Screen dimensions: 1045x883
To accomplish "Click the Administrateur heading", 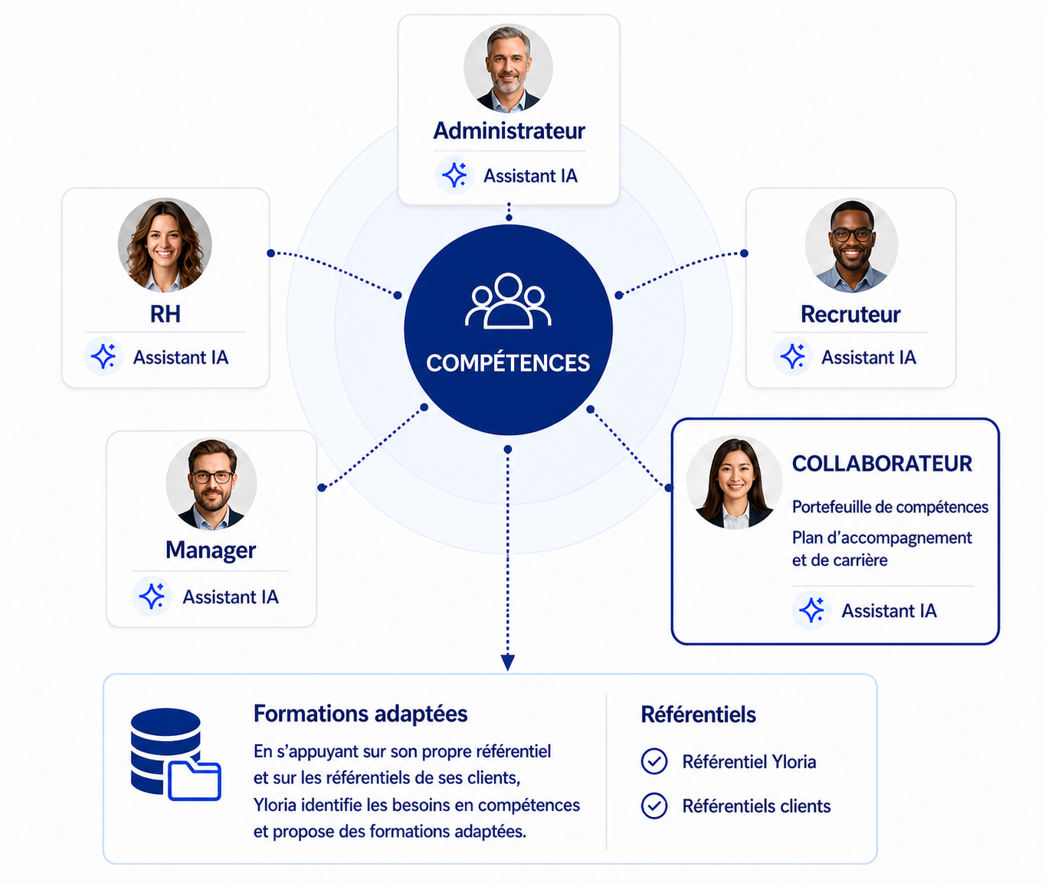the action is pos(509,131).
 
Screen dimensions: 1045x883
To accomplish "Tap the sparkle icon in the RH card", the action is pos(103,356).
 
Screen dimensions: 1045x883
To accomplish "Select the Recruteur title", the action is pos(850,315).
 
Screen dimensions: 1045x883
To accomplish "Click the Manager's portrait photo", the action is pos(211,484).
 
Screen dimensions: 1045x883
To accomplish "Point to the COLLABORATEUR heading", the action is pos(882,463).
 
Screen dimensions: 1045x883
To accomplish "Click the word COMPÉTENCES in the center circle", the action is pos(508,363).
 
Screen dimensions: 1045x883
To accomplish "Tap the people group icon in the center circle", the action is pos(508,301).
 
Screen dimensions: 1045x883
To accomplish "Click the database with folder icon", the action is pos(175,754).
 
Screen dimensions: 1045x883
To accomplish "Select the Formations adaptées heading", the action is pos(361,714).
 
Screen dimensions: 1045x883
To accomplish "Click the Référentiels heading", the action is pos(698,715).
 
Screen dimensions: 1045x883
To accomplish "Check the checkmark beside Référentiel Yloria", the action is pos(654,761).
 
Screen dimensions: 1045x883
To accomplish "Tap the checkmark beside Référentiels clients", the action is pos(654,806).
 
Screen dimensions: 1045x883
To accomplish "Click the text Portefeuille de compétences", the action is pos(889,507).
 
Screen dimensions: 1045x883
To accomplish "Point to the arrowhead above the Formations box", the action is pos(508,662).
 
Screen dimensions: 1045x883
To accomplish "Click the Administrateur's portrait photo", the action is pos(508,67).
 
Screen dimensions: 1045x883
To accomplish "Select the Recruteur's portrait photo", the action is pos(851,246).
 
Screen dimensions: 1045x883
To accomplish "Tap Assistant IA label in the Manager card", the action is pos(231,597).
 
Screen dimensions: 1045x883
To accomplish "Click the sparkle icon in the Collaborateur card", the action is pos(811,610).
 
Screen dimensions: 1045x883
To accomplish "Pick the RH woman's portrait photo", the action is pos(164,246).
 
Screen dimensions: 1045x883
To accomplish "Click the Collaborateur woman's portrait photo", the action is pos(735,482).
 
